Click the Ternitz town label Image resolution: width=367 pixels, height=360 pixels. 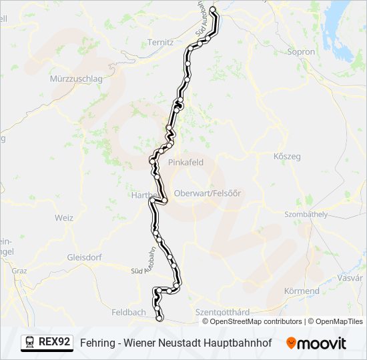tap(160, 41)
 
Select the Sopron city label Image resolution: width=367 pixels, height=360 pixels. tap(300, 51)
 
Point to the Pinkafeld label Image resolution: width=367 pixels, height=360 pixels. tap(183, 161)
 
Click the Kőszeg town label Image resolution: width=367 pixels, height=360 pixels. tap(288, 156)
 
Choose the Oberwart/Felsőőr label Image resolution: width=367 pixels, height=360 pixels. tap(207, 193)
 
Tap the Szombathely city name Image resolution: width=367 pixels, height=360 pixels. tap(306, 214)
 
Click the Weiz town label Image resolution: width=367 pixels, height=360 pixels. tap(64, 218)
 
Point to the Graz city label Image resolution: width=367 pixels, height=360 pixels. tap(19, 271)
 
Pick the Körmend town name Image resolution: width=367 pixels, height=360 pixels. tap(302, 291)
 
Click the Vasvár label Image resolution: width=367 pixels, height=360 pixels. tap(350, 277)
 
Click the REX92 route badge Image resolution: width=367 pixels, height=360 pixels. tap(55, 342)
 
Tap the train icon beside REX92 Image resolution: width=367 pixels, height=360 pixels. tap(30, 342)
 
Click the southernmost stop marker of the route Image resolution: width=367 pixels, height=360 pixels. tap(159, 319)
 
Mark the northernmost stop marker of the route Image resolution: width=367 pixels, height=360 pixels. tap(214, 11)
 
